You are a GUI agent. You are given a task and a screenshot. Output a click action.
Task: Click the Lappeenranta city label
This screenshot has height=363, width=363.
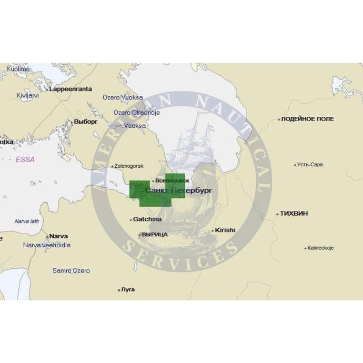pos(70,89)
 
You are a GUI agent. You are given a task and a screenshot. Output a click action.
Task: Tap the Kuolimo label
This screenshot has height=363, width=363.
pos(18,69)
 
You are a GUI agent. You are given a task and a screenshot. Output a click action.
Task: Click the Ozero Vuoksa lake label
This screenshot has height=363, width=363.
pos(123,97)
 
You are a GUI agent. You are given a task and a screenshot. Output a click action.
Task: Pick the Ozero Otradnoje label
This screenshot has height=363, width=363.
pos(136,112)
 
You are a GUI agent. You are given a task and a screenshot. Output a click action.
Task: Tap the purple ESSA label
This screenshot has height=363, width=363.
pos(24,159)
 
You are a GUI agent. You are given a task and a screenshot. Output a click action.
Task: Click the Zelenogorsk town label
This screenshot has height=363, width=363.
pos(128,166)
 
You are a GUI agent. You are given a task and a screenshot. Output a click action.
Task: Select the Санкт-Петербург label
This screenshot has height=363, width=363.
pos(178,190)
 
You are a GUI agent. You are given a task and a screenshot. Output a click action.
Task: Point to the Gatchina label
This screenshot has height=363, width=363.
pos(147,219)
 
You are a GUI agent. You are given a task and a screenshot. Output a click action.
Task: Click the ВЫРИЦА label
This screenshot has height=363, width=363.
pos(155,234)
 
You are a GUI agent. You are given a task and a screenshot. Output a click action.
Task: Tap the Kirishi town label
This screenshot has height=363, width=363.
pos(225,230)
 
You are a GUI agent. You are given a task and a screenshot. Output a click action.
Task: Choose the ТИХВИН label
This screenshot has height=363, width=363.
pos(294,214)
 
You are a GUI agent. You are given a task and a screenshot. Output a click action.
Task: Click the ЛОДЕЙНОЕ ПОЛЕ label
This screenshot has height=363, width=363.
pos(307,119)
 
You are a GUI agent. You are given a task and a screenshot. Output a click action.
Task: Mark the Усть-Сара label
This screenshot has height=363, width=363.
pos(310,164)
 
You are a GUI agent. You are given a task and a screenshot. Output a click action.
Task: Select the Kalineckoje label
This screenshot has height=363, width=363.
pos(321,247)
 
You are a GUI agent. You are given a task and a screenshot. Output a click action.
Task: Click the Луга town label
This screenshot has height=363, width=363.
pos(127,289)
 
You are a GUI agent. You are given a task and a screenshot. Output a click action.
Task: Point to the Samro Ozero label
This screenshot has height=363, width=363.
pos(71,270)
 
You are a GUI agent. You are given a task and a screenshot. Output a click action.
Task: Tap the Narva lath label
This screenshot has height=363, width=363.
pos(27,221)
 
